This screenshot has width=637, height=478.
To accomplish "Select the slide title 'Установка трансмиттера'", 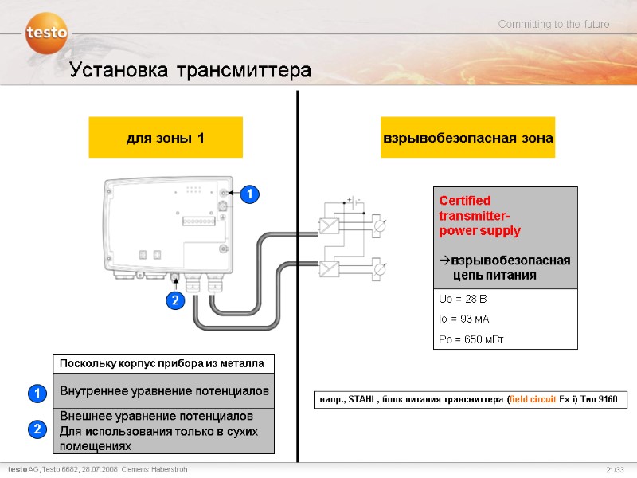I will pyautogui.click(x=190, y=71).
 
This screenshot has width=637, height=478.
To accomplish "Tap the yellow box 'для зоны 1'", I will pyautogui.click(x=166, y=138).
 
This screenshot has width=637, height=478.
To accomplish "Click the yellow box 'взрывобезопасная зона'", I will pyautogui.click(x=467, y=138).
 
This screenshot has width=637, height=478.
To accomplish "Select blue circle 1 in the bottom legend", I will pyautogui.click(x=36, y=393).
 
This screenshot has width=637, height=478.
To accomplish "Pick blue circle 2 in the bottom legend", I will pyautogui.click(x=36, y=430).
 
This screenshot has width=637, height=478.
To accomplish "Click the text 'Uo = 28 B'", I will pyautogui.click(x=463, y=299).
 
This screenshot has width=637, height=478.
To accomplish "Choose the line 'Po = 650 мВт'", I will pyautogui.click(x=471, y=339).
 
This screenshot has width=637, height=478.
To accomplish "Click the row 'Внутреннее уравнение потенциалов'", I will pyautogui.click(x=164, y=391).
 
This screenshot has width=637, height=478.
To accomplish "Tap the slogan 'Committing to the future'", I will pyautogui.click(x=553, y=25).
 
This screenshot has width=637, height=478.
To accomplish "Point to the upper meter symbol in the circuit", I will pyautogui.click(x=381, y=226).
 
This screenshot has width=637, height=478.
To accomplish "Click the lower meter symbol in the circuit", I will pyautogui.click(x=381, y=268).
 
